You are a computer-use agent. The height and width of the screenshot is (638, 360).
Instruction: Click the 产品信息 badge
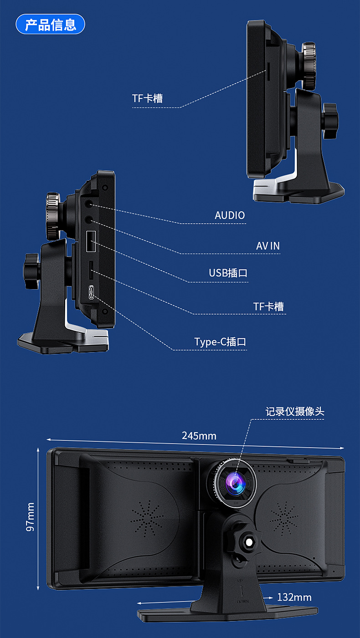click(50, 24)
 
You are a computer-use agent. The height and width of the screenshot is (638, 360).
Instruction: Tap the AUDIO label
click(230, 215)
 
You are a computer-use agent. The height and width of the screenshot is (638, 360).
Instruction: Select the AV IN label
click(267, 246)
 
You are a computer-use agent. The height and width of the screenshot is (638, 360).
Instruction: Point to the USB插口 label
click(228, 273)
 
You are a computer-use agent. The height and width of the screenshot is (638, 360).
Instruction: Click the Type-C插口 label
click(220, 342)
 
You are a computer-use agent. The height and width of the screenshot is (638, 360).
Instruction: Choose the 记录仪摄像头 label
click(295, 412)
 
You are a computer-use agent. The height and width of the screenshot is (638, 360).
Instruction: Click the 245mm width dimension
click(199, 436)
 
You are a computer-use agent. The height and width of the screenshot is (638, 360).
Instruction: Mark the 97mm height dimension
click(31, 517)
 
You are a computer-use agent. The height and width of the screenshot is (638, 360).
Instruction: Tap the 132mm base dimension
click(294, 597)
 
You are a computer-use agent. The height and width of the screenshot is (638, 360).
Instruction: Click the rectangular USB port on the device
click(91, 241)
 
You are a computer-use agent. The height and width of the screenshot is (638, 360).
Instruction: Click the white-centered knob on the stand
click(249, 541)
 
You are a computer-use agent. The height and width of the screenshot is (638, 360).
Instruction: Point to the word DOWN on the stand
click(242, 602)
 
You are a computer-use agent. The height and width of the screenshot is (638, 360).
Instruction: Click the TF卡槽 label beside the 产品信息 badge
click(147, 98)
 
